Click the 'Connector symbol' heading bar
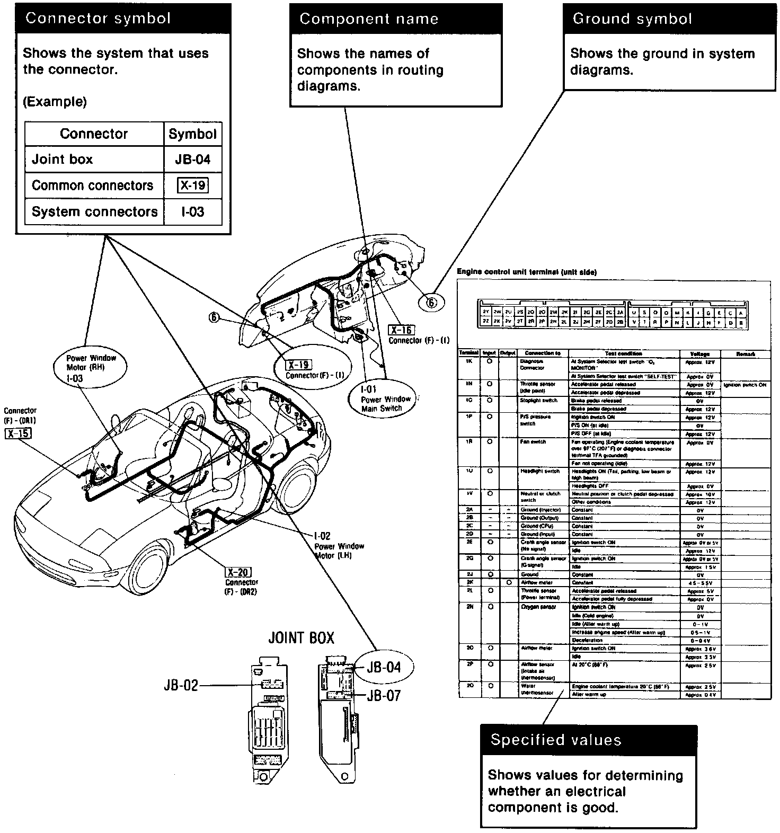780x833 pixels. coord(123,19)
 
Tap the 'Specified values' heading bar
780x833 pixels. coord(588,740)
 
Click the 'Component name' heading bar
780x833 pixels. coord(395,19)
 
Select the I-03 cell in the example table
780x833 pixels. coord(192,212)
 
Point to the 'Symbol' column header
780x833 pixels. coord(192,134)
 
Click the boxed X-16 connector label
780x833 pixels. coord(401,330)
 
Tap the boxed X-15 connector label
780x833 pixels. coord(18,433)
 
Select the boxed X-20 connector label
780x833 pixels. coord(238,572)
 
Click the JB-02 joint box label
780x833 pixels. coord(181,685)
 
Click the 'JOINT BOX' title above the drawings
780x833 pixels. coord(302,637)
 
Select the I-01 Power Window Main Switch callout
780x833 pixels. coord(381,399)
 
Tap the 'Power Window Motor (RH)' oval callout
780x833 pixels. coord(91,368)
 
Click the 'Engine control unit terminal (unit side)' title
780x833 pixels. coord(527,272)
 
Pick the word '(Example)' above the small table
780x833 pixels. coord(55,102)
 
